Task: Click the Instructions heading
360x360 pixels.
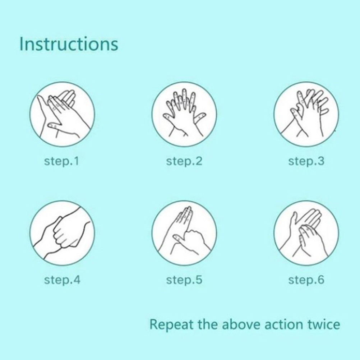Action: (x=69, y=43)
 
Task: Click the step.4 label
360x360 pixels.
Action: (x=62, y=280)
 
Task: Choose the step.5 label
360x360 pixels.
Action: (x=184, y=280)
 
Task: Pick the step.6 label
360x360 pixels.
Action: (x=306, y=280)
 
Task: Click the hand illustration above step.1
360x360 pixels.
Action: (x=62, y=114)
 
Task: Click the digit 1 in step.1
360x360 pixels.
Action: (x=77, y=161)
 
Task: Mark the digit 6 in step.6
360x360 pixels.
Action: (x=321, y=280)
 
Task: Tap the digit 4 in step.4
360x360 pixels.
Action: (x=77, y=280)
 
